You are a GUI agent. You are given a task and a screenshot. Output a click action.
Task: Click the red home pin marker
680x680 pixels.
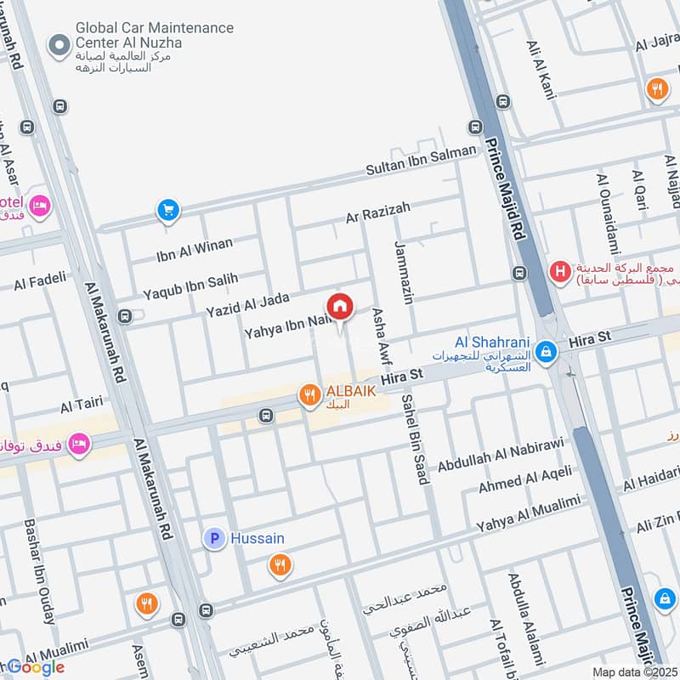339,306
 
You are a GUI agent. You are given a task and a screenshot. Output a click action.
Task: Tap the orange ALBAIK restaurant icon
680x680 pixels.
308,394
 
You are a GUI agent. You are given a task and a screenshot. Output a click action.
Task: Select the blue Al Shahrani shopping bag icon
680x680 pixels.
547,348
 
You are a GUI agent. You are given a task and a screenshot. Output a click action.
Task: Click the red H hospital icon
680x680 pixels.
559,272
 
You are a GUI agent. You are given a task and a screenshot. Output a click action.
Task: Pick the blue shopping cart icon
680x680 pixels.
167,209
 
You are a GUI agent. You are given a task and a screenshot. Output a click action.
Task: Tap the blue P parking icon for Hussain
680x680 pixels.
214,538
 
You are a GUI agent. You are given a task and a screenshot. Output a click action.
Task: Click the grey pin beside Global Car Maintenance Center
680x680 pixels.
59,46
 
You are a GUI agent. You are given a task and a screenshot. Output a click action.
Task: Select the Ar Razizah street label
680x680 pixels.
377,212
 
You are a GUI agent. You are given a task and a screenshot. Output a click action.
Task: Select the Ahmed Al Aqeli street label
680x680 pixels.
524,479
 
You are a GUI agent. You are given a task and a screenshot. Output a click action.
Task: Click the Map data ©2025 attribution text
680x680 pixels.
633,671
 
